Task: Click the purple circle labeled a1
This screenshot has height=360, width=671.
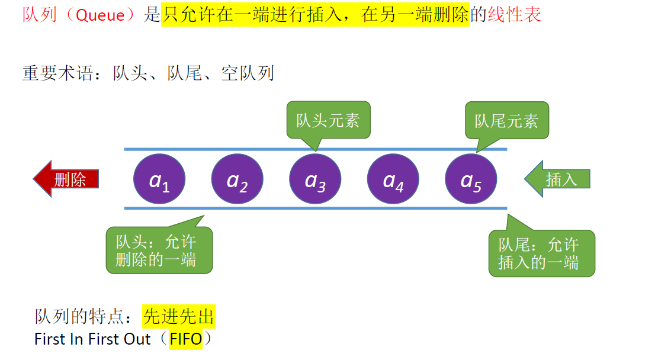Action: click(159, 179)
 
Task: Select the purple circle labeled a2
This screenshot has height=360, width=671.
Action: click(237, 179)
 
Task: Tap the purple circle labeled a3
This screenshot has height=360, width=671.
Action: click(315, 179)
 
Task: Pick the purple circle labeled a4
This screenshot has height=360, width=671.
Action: click(393, 179)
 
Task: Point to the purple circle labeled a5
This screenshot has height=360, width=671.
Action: click(471, 179)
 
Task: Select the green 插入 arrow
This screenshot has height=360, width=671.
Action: click(557, 179)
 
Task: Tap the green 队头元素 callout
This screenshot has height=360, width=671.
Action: click(328, 120)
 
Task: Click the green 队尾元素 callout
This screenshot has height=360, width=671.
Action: click(506, 120)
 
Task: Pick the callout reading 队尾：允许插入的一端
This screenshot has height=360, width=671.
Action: click(541, 253)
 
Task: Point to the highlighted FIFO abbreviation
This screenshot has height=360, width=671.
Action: click(185, 339)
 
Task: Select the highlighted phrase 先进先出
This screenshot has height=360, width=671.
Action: click(178, 317)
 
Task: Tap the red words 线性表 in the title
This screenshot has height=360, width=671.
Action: click(514, 15)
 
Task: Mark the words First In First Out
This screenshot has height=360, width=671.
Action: click(92, 339)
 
